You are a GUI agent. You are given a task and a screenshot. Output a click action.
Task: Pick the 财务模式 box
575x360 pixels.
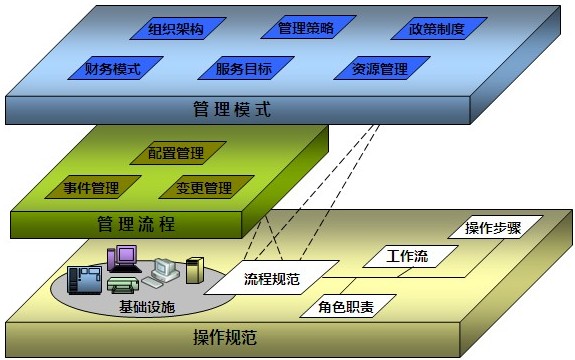coord(111,70)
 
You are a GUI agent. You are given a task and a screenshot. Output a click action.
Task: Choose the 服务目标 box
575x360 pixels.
coord(244,70)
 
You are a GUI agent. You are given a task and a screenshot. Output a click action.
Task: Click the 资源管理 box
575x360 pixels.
coord(378,70)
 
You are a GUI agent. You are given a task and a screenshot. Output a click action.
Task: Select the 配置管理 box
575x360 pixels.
coord(176,153)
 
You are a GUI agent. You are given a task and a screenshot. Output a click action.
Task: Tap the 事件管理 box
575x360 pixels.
coord(91,188)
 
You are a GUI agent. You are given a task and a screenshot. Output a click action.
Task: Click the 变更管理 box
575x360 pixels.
coord(204,188)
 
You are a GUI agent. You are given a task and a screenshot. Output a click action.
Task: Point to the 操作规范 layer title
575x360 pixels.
coord(223,337)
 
